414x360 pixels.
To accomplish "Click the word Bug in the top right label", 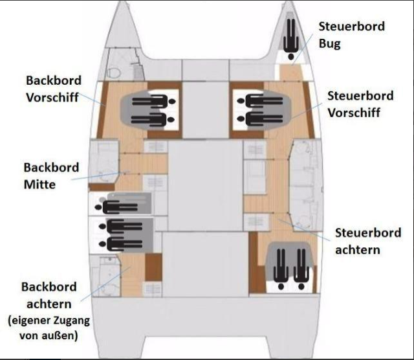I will (x=331, y=44).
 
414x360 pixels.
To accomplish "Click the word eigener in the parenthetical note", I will (x=28, y=321).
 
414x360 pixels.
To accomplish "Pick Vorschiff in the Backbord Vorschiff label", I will (x=54, y=97).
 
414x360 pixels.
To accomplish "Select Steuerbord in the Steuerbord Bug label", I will (x=351, y=27).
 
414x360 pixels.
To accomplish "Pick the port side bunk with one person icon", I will (x=123, y=206).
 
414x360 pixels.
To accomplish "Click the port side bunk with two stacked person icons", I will (x=125, y=234).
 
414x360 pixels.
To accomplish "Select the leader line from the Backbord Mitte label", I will (x=97, y=175).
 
